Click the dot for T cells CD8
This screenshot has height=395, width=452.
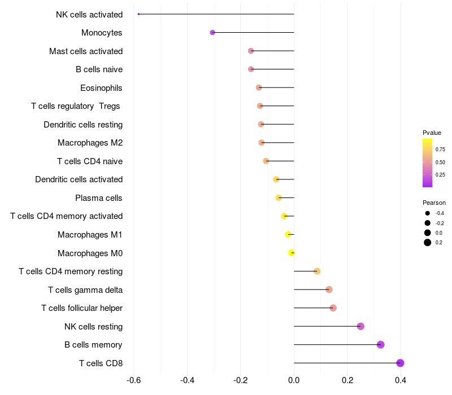tap(400, 363)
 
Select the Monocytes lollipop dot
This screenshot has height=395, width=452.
tap(212, 33)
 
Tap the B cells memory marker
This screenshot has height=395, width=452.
tap(380, 345)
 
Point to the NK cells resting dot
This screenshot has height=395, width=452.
tap(360, 326)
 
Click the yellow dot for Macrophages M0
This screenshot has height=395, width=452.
tap(292, 253)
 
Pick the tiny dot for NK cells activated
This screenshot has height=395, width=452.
tap(139, 14)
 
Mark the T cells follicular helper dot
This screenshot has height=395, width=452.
tap(333, 308)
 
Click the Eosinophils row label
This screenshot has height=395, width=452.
tap(101, 88)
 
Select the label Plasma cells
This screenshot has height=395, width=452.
tap(99, 198)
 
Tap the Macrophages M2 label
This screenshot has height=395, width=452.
tap(90, 143)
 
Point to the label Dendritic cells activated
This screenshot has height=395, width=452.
tap(79, 179)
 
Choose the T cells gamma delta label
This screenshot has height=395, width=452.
tap(85, 290)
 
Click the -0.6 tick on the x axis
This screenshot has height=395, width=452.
tap(134, 380)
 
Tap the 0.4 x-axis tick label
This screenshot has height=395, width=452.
tap(401, 380)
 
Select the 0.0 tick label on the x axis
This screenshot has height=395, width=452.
tap(294, 380)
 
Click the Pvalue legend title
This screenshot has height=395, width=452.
tap(432, 133)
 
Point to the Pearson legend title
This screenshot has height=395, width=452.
tap(434, 203)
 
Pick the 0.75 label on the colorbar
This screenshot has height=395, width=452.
tap(440, 150)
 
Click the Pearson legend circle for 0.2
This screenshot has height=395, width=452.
tap(428, 243)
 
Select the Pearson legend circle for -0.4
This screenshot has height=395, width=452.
tap(428, 213)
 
